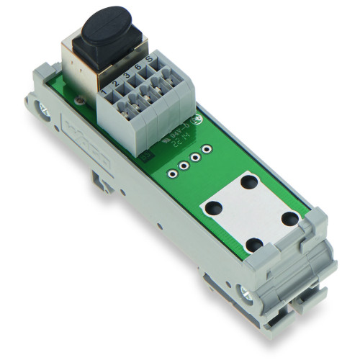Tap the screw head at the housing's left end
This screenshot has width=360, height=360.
click(45, 109)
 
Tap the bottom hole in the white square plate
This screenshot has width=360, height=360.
click(253, 245)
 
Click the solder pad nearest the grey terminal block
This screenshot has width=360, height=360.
click(207, 149)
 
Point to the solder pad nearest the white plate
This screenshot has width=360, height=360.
click(174, 173)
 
